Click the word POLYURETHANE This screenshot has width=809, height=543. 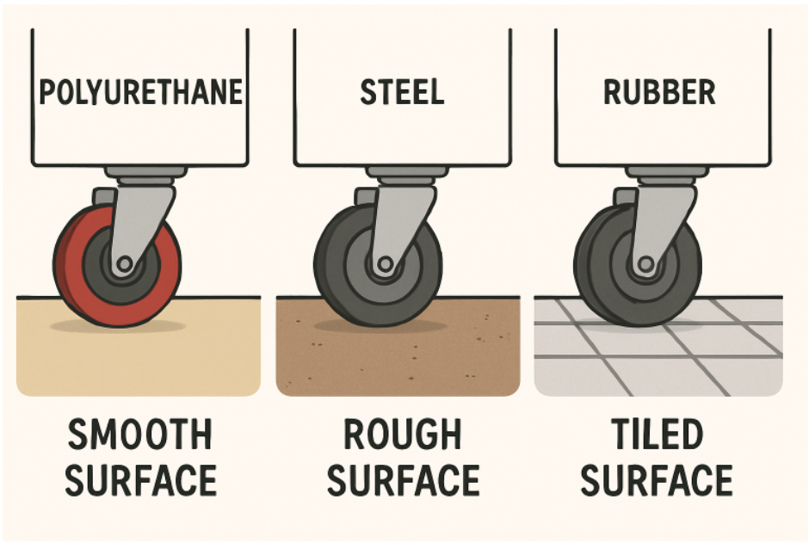(141, 92)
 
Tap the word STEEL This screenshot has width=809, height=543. (402, 92)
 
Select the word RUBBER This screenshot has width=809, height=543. (659, 92)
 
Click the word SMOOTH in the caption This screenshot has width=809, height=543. (139, 435)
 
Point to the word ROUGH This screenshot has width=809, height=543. (403, 435)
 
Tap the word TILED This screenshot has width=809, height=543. (657, 435)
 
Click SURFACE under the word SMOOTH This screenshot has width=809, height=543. (140, 480)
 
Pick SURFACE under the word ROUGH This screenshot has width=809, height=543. (403, 480)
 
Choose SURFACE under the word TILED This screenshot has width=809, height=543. (657, 480)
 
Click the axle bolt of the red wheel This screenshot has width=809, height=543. (124, 264)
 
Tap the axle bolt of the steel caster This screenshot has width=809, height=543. (385, 264)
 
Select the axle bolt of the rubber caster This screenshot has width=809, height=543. (645, 264)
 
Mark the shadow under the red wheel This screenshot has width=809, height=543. (118, 326)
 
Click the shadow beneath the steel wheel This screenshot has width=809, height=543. (380, 326)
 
